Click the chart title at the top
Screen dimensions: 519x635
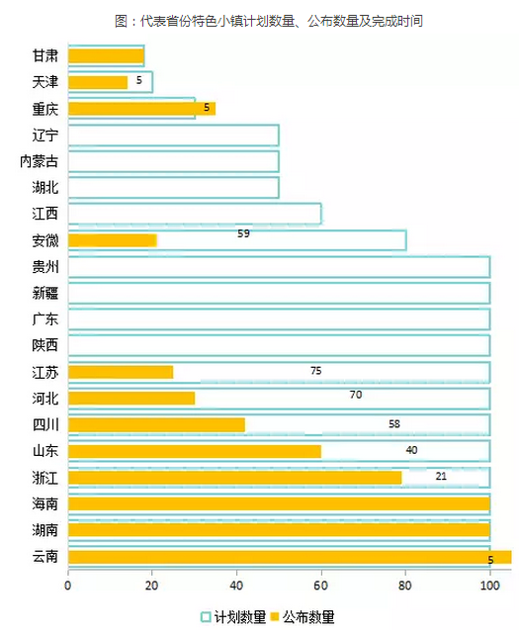click(269, 21)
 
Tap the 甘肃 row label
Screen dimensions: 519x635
click(45, 55)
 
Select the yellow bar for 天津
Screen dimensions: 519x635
click(98, 82)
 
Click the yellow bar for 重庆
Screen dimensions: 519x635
click(141, 109)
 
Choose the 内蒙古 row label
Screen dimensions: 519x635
click(40, 161)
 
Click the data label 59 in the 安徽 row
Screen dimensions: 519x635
click(244, 233)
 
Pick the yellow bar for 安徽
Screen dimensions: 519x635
click(113, 240)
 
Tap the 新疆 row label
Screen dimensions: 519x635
click(45, 293)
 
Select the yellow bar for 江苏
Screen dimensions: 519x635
click(121, 372)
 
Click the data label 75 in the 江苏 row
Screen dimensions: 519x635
click(315, 371)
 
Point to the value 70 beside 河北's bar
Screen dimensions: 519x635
click(356, 395)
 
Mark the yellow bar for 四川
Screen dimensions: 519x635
click(156, 425)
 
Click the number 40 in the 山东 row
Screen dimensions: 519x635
click(411, 450)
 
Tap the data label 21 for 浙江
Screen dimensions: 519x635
click(441, 476)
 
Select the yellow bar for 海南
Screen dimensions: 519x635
click(279, 503)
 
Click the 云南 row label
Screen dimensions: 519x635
click(45, 557)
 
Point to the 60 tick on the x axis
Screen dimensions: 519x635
click(320, 586)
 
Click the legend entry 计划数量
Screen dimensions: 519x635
click(233, 617)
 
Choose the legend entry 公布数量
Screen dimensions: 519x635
click(303, 617)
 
